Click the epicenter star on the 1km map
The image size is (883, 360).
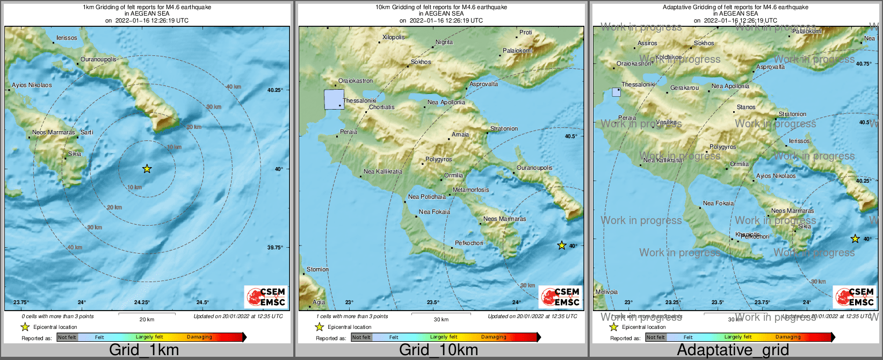147,169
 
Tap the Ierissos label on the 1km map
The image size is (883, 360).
67,38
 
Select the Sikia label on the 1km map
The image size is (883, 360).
75,154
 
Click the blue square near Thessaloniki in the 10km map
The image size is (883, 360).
334,100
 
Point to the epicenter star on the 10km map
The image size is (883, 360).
562,246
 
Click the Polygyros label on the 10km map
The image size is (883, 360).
439,160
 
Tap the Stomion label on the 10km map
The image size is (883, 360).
317,270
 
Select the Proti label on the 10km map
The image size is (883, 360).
526,33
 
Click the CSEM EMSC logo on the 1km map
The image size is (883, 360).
266,297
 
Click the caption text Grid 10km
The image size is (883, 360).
438,350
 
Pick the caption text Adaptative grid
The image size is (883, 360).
733,350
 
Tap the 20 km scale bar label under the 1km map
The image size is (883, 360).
147,320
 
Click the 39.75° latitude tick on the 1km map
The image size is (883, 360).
274,248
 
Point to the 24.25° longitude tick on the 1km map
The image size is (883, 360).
142,303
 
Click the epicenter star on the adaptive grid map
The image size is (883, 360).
855,239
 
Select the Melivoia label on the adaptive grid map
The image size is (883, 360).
606,292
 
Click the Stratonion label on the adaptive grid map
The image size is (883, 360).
793,114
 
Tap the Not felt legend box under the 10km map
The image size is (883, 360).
361,337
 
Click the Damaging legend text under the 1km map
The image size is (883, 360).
199,337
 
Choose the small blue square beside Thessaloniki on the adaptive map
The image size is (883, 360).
616,92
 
